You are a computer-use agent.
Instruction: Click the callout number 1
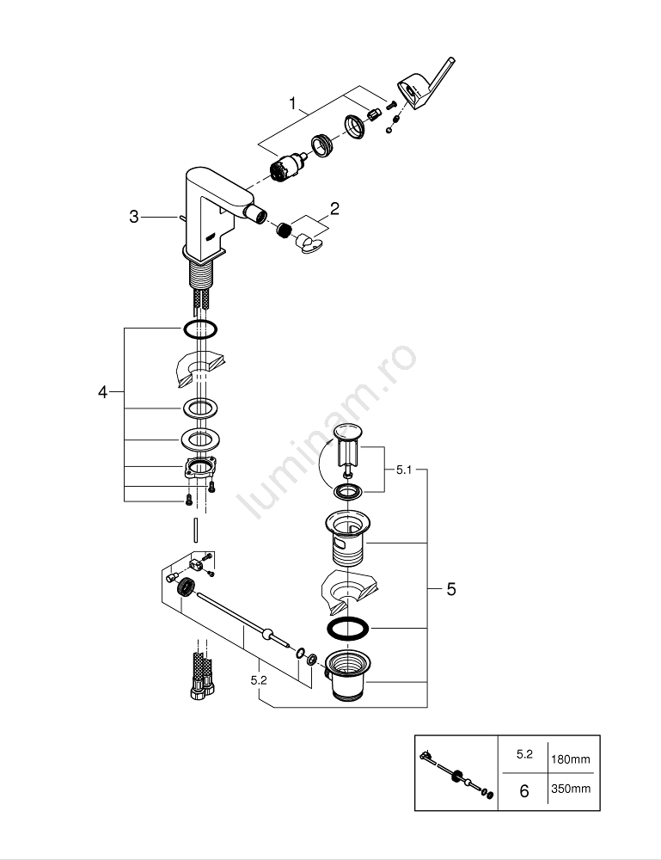point(292,105)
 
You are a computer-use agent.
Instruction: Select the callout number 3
point(133,218)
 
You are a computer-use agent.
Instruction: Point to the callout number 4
point(102,392)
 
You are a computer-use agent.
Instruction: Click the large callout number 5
point(451,590)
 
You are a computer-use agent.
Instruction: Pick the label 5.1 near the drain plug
point(405,470)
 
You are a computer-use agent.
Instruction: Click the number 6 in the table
point(524,790)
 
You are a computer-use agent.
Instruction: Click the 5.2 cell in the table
point(524,754)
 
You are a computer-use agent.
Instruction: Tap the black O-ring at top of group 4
point(199,329)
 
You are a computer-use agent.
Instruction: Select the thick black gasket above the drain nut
point(348,628)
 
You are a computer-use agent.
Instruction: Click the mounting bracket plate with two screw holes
point(199,469)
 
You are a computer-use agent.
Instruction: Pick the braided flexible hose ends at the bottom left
point(199,676)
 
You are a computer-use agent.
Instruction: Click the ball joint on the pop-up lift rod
point(272,636)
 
